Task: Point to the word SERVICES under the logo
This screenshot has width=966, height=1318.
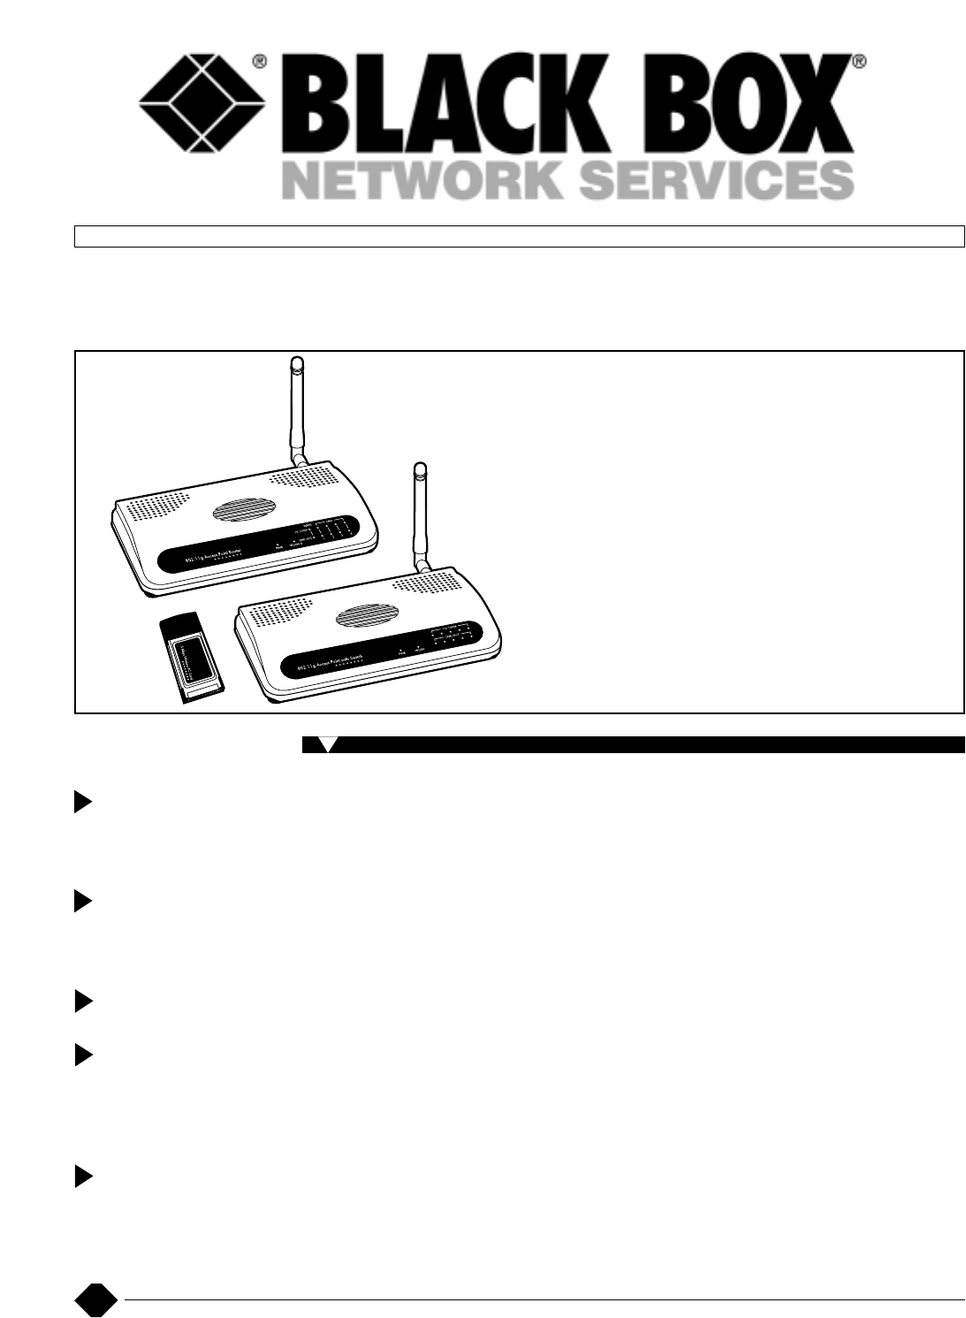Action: pos(719,179)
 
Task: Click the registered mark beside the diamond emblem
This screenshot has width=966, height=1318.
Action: pos(260,62)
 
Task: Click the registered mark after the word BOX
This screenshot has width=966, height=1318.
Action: pos(858,62)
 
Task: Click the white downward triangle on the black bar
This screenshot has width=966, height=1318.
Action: pos(328,744)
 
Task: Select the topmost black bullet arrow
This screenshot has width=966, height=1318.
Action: pos(82,803)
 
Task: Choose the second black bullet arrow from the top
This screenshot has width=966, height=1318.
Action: pos(82,902)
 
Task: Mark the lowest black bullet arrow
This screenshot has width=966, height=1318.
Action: pos(82,1177)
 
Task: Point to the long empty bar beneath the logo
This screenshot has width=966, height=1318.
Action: pos(519,236)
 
